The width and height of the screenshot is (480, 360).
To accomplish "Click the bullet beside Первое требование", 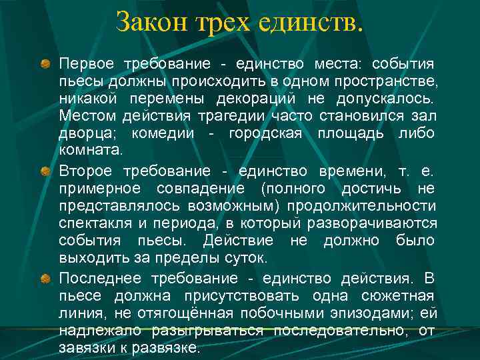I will tap(45, 64).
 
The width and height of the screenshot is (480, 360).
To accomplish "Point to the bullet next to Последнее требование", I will tap(45, 277).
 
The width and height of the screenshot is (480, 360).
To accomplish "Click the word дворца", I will tap(82, 133).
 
